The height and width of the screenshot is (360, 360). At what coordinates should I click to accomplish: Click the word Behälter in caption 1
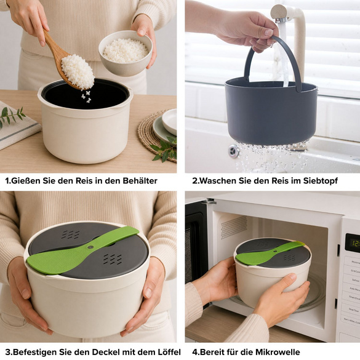click(x=140, y=181)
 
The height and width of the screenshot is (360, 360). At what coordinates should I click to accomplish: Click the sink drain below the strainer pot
click(x=234, y=151)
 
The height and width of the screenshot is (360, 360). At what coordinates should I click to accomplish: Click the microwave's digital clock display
click(x=353, y=243)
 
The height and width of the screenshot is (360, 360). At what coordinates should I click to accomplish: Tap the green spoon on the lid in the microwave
click(x=270, y=252)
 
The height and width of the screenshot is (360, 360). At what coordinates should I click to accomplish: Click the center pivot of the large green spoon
click(x=90, y=247)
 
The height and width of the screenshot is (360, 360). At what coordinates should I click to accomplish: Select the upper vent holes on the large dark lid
click(x=71, y=234)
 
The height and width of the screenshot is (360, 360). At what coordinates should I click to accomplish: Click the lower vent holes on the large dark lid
click(x=112, y=259)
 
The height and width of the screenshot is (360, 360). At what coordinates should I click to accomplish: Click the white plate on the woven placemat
click(x=169, y=122)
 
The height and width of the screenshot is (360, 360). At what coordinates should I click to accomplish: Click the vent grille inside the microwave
click(x=234, y=227)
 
